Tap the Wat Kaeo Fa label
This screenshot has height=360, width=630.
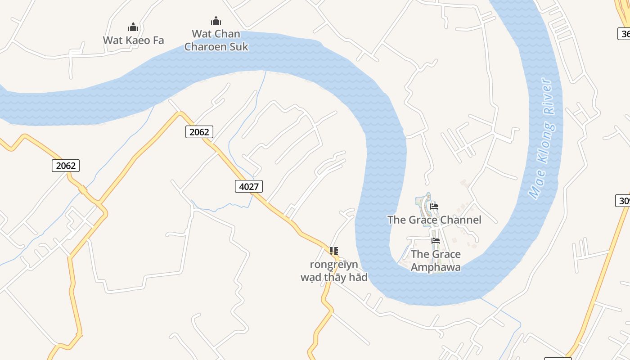(133, 40)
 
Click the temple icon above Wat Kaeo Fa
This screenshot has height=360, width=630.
(133, 27)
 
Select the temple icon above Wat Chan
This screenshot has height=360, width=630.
(216, 21)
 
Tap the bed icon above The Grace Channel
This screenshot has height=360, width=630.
(434, 207)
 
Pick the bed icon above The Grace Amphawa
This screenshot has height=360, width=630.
(435, 241)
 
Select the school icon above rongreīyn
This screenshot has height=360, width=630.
(333, 251)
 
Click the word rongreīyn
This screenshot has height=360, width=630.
(334, 264)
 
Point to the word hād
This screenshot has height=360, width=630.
(358, 277)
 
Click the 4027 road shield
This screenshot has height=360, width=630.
(248, 186)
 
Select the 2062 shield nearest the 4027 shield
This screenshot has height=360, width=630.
(199, 132)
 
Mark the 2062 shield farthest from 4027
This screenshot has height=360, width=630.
(65, 166)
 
